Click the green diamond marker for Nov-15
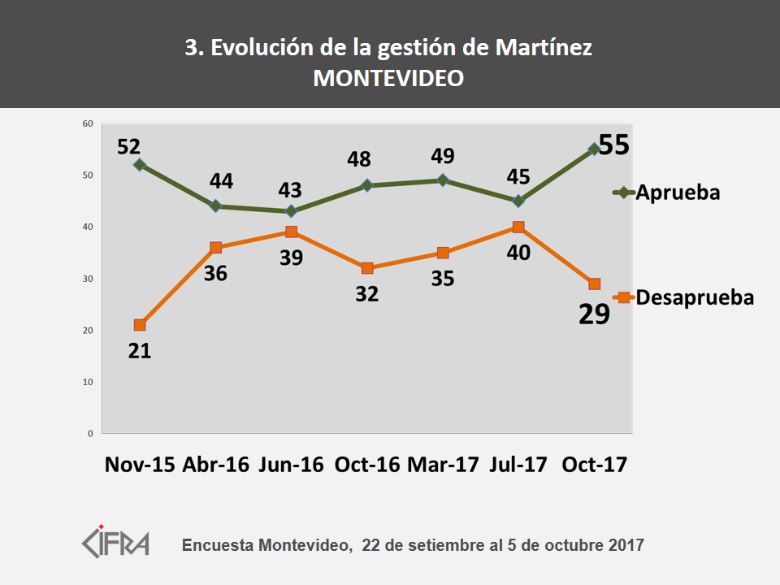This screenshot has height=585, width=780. tap(140, 165)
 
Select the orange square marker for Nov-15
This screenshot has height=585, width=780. tap(140, 325)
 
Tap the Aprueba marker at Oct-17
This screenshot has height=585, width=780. tap(594, 149)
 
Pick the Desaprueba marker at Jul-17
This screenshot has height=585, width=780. tap(518, 227)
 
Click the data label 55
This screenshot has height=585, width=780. tap(614, 145)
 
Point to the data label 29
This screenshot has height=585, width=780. tap(594, 314)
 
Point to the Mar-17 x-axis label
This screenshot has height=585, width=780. tap(443, 464)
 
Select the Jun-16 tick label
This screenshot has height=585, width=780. tap(291, 464)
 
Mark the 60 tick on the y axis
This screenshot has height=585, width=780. tap(88, 123)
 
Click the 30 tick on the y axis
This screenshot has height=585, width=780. tap(88, 279)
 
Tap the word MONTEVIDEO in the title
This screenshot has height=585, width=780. tap(389, 78)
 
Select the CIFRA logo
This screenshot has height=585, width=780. tap(116, 542)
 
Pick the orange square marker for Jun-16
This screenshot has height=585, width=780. tap(291, 232)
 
